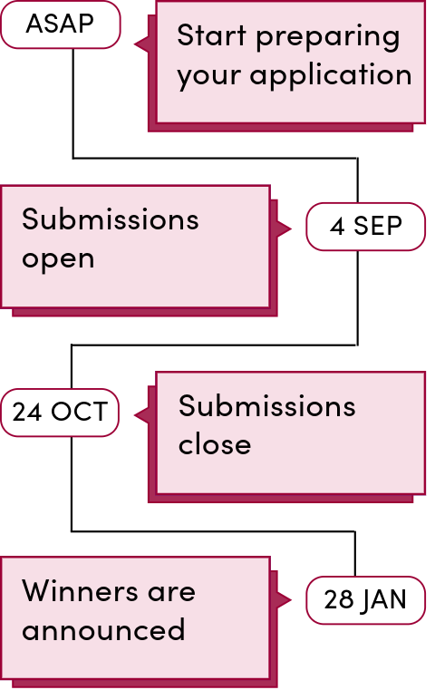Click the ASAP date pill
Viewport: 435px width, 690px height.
point(60,24)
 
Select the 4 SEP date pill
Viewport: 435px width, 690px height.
point(365,227)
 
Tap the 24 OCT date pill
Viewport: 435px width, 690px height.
point(60,413)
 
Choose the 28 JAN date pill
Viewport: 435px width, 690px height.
point(365,600)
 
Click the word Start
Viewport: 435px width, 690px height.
point(211,35)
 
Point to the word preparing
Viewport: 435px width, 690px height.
point(328,38)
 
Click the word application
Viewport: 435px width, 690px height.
point(331,75)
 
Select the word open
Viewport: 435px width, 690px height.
point(58,260)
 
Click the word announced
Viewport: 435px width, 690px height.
point(103,630)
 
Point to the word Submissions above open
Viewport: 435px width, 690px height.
point(111,219)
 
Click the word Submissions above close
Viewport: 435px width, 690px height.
point(267,405)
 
